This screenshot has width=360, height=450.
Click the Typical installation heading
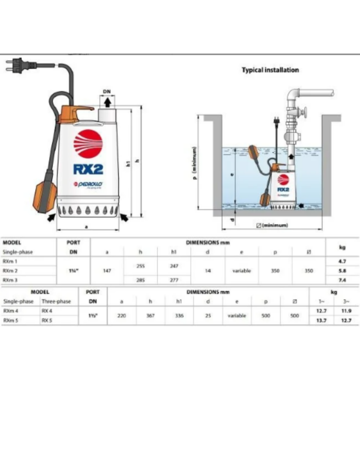tap(270, 70)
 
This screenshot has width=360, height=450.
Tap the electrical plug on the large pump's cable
tap(15, 66)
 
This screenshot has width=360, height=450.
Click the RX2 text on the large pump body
tap(88, 168)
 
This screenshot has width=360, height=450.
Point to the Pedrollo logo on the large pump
tap(88, 185)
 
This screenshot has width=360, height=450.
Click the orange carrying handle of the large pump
tap(75, 113)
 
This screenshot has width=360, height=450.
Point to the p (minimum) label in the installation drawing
tap(194, 162)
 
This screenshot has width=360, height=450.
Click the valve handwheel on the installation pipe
tap(305, 112)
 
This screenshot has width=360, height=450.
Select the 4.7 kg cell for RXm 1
tap(342, 262)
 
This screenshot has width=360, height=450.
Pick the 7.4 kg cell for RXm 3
tap(342, 280)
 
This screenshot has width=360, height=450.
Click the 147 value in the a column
tap(107, 270)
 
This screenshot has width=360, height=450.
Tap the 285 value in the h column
tap(140, 280)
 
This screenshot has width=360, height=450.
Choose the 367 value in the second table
tap(150, 315)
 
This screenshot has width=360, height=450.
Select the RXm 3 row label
tap(10, 280)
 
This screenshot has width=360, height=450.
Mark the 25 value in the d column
tap(208, 315)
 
